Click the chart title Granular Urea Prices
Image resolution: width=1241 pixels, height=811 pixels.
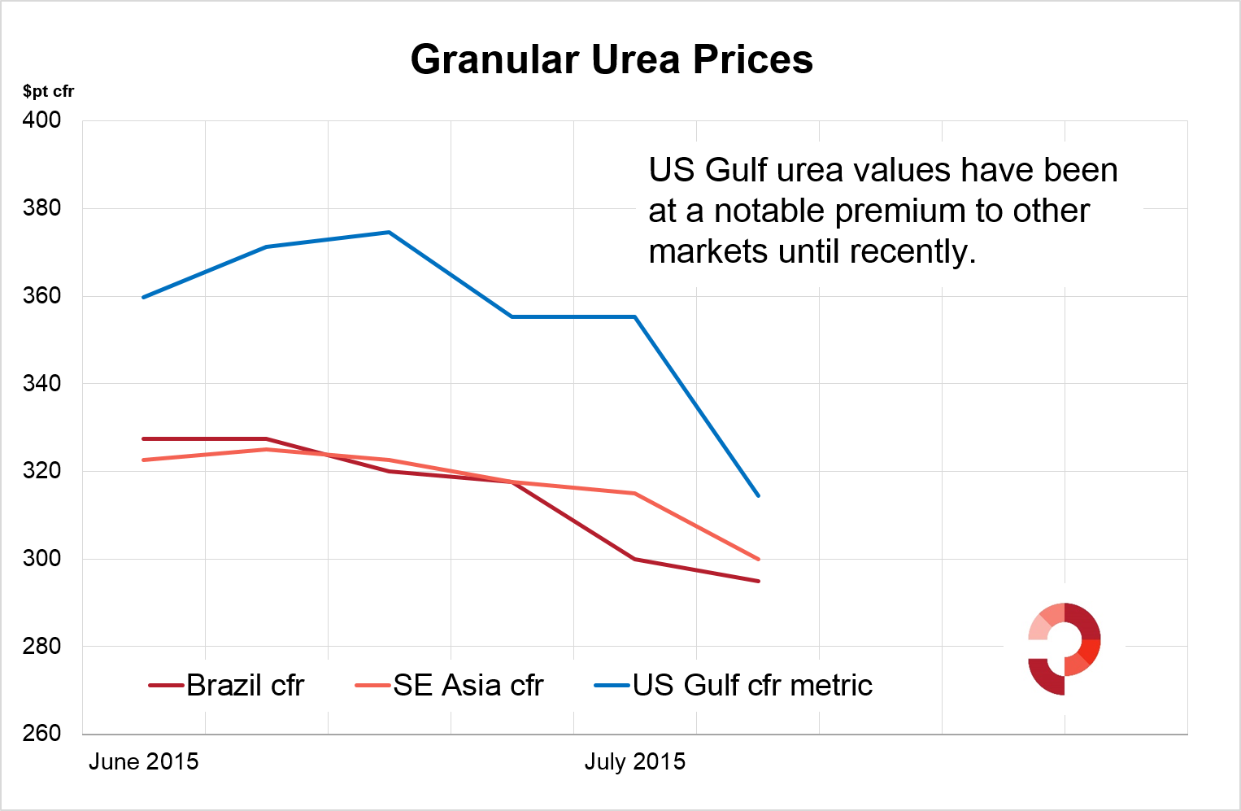[612, 59]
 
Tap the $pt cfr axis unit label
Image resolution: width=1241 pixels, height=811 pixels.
[48, 91]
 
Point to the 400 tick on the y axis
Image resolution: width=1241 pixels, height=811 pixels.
[41, 120]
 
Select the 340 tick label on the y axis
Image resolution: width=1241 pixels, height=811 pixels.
[41, 383]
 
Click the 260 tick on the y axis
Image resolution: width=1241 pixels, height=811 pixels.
[41, 733]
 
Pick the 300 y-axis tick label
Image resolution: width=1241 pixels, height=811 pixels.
[41, 558]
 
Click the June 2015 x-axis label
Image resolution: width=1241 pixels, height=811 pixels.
[143, 761]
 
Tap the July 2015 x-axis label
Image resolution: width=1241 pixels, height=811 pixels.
[634, 761]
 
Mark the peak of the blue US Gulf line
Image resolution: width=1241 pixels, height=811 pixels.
[389, 233]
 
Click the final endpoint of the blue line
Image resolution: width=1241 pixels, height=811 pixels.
[758, 495]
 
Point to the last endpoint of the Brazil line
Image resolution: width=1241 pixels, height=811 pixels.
[758, 581]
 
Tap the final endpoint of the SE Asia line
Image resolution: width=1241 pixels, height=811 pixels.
[758, 559]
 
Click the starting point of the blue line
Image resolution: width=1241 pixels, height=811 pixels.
[144, 297]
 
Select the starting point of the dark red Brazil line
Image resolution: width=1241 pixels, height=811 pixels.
[144, 439]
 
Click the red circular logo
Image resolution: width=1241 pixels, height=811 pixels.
[1064, 648]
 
